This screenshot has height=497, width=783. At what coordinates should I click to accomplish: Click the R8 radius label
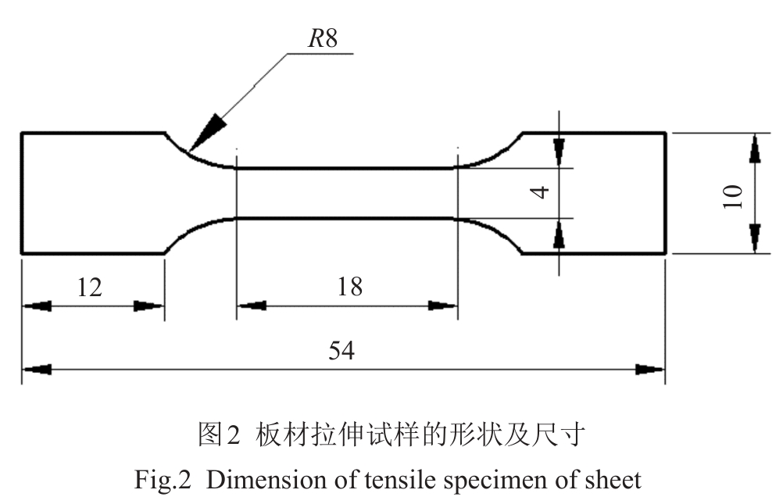coord(321,40)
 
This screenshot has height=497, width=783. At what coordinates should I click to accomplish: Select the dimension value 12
coord(91,288)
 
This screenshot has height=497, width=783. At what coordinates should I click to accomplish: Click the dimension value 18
coord(350,287)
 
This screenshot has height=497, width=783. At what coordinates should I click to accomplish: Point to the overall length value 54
coord(341,351)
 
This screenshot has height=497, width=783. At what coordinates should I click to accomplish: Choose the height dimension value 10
coord(732,193)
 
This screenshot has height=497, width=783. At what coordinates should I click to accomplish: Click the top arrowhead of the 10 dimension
coord(755,148)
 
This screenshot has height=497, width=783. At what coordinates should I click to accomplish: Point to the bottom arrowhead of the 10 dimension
coord(755,238)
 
